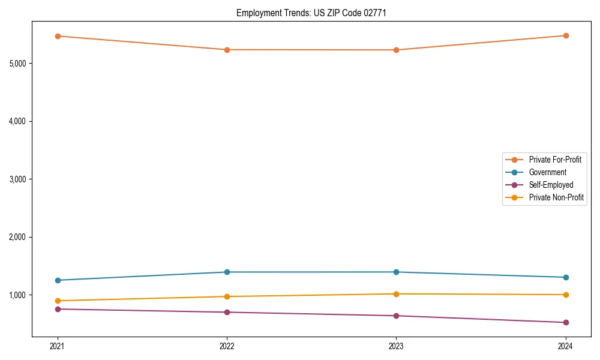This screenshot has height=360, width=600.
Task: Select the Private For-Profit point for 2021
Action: click(x=58, y=36)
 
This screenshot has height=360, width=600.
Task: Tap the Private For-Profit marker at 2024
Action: click(x=566, y=35)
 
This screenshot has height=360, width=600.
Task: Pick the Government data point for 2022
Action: click(x=227, y=272)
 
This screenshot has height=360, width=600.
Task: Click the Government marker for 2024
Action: click(x=566, y=277)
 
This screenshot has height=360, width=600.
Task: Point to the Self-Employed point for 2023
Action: click(x=396, y=316)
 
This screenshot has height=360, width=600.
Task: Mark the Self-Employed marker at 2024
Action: click(x=566, y=322)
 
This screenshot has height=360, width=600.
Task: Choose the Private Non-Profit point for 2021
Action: click(x=58, y=301)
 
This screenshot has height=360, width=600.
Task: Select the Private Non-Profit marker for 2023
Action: click(x=396, y=294)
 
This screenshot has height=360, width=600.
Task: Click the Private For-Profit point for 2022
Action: click(x=227, y=50)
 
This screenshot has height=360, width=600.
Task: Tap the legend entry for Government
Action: click(x=547, y=172)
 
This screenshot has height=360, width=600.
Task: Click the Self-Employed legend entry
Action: click(x=551, y=185)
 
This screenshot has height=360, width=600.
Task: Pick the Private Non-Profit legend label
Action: click(x=556, y=197)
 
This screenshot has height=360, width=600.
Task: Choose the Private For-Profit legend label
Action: click(x=555, y=160)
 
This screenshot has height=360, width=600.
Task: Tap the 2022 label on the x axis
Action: click(x=227, y=346)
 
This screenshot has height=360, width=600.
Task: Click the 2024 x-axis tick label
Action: click(x=566, y=346)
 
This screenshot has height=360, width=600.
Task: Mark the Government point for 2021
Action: click(x=58, y=280)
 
